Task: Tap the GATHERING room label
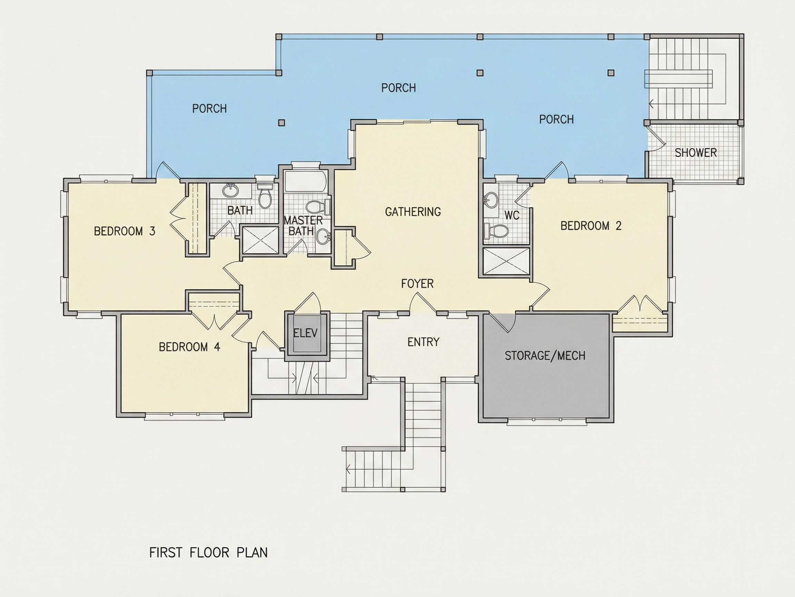pos(413,211)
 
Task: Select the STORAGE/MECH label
pos(545,356)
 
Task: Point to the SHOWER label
pos(695,153)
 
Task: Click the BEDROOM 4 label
pos(189,347)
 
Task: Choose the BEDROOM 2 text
pos(591,226)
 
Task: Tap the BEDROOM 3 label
pos(124,231)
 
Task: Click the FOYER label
pos(417,284)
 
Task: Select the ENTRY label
pos(423,341)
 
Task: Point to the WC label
pos(512,215)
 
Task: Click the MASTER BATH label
pos(303,225)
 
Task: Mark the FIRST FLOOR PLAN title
pos(208,552)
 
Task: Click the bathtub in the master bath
pos(305,182)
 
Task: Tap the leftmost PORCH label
pos(209,108)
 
